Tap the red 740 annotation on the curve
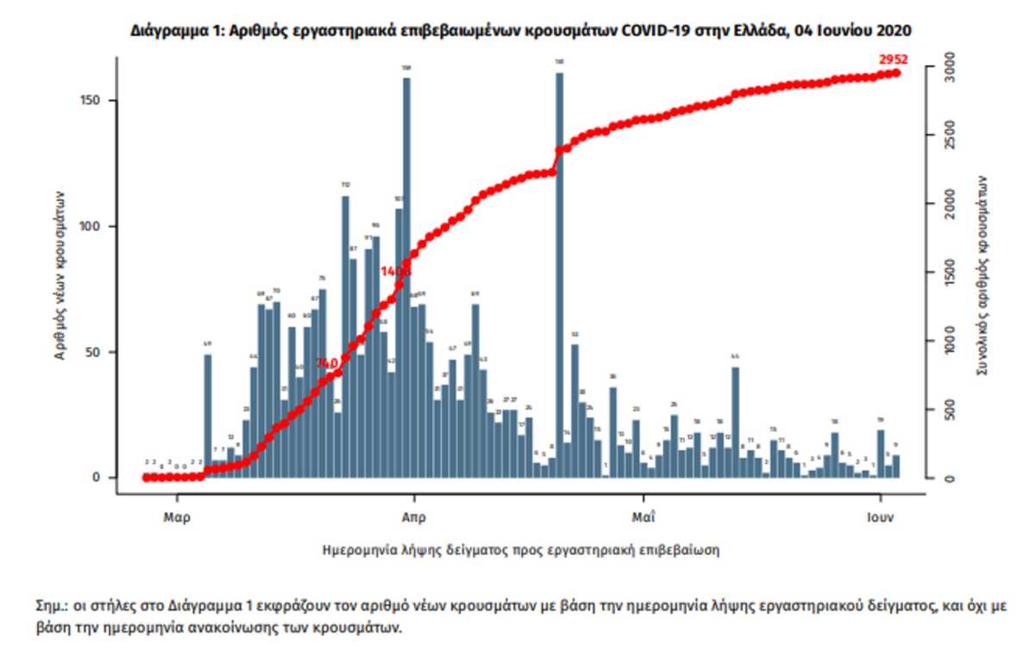point(327,363)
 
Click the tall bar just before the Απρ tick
point(406,276)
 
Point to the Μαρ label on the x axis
point(177,520)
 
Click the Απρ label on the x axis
point(414,520)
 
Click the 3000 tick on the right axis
point(949,67)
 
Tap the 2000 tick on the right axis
point(949,205)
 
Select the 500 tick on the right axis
point(949,410)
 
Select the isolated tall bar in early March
point(207,415)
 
